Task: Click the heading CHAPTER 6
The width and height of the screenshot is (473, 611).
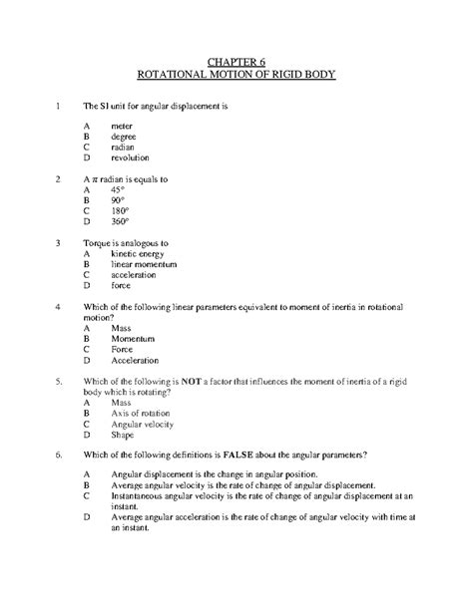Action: coord(236,59)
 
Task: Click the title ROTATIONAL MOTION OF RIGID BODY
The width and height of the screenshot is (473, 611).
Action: coord(236,74)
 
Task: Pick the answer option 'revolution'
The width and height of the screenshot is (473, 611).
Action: coord(131,157)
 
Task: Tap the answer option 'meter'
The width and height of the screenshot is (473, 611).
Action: coord(123,127)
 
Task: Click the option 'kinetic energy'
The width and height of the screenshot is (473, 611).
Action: coord(140,253)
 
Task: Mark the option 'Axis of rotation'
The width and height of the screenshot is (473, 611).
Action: coord(144,413)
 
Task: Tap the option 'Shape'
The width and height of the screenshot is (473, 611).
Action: coord(124,435)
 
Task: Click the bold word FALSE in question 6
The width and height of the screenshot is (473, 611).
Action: coord(250,455)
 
